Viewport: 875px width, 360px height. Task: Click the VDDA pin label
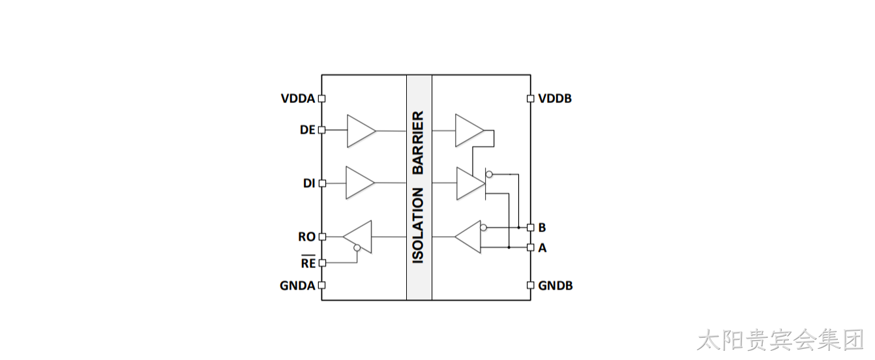(x=298, y=98)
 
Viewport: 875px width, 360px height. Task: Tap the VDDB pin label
(x=555, y=98)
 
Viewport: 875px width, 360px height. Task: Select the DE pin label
(x=307, y=130)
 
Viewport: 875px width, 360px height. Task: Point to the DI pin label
(x=309, y=183)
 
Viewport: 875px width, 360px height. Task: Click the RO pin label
(x=306, y=237)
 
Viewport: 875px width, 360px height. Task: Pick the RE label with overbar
(x=308, y=262)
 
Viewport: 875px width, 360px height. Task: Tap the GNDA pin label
(x=297, y=286)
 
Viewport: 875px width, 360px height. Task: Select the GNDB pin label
(x=555, y=286)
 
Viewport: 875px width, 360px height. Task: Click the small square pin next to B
(x=531, y=228)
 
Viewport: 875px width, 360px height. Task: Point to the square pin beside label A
(x=531, y=247)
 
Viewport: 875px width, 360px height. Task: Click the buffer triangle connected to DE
(x=361, y=131)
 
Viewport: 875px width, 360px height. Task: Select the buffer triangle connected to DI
(x=360, y=183)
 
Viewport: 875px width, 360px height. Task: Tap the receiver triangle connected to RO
(x=357, y=237)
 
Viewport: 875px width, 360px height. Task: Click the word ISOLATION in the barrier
(x=419, y=226)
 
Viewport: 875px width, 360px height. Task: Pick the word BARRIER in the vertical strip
(x=419, y=143)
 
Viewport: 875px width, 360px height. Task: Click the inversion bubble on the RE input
(x=357, y=247)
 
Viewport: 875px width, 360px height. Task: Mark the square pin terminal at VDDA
(x=321, y=98)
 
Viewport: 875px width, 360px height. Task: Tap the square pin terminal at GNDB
(x=531, y=286)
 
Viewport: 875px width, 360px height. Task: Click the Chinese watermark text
(x=780, y=340)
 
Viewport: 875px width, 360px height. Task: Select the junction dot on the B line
(x=519, y=228)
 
